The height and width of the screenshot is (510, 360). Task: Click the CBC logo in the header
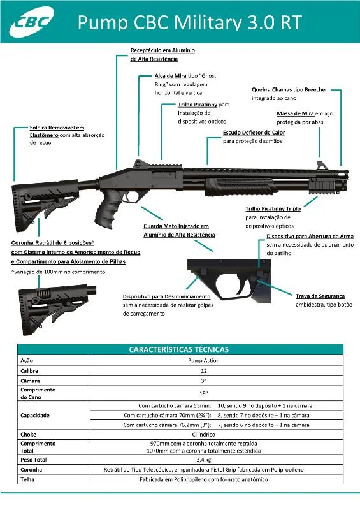click(32, 22)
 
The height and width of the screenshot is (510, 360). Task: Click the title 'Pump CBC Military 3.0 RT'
click(190, 23)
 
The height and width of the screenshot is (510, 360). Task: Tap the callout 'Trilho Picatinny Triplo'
click(273, 209)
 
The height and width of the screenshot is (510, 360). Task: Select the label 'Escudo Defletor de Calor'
click(254, 133)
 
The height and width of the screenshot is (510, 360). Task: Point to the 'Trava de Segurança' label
click(320, 296)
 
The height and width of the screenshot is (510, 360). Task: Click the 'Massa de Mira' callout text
click(295, 113)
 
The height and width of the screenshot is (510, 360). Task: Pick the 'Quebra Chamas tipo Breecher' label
click(289, 89)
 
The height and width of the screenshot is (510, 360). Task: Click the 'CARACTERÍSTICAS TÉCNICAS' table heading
click(179, 349)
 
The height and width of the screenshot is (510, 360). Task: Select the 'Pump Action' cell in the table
click(204, 360)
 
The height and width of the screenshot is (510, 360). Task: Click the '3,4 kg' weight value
click(204, 460)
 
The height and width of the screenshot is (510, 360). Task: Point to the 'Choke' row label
click(28, 435)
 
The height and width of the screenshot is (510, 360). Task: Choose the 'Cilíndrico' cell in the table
click(204, 435)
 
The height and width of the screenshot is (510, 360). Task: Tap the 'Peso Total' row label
click(34, 460)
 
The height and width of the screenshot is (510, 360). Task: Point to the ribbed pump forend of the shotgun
click(241, 186)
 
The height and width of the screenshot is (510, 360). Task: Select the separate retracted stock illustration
click(57, 309)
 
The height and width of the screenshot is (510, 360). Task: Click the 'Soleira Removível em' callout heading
click(57, 127)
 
